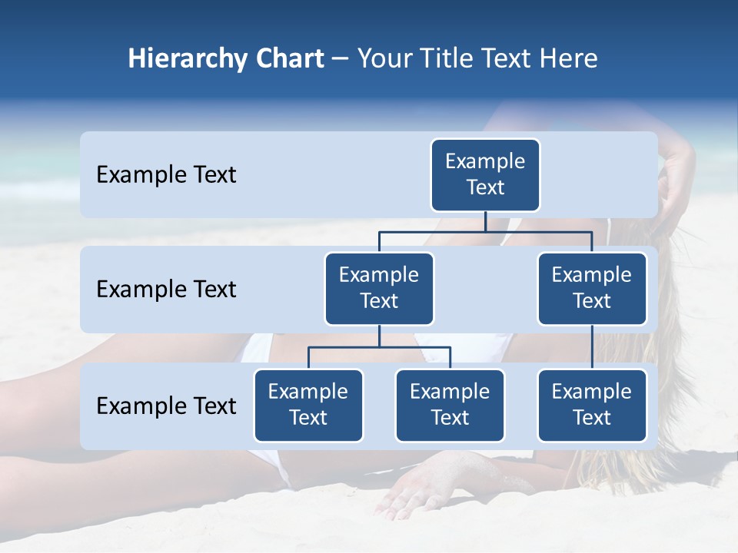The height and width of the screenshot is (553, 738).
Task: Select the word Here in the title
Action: (568, 59)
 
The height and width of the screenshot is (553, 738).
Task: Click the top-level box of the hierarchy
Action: (485, 174)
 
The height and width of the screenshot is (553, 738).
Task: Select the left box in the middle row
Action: (379, 288)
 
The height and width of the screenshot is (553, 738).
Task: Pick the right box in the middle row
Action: (592, 288)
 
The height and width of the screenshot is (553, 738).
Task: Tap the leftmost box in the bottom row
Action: (308, 405)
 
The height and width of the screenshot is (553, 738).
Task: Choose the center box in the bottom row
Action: (450, 405)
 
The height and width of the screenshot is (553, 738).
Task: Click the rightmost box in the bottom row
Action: (592, 405)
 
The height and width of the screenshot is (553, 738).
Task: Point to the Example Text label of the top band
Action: (166, 174)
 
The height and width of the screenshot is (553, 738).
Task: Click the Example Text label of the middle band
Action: (166, 289)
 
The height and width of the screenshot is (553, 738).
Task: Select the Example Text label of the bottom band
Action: (166, 406)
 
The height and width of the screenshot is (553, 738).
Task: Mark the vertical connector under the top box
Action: (485, 221)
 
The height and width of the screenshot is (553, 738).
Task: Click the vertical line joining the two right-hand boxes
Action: (592, 347)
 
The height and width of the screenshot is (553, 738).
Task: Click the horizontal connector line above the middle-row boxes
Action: (430, 231)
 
